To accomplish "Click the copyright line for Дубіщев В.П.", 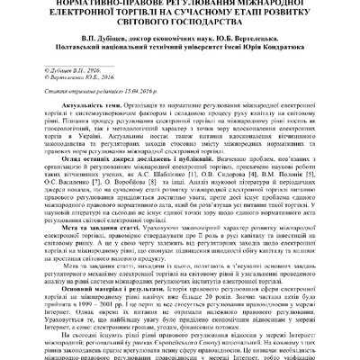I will click(75, 67).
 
